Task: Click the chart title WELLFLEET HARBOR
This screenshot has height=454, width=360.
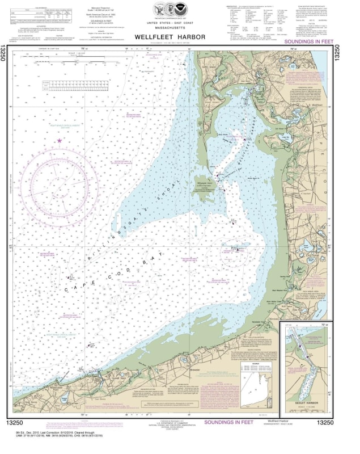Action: pyautogui.click(x=180, y=37)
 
